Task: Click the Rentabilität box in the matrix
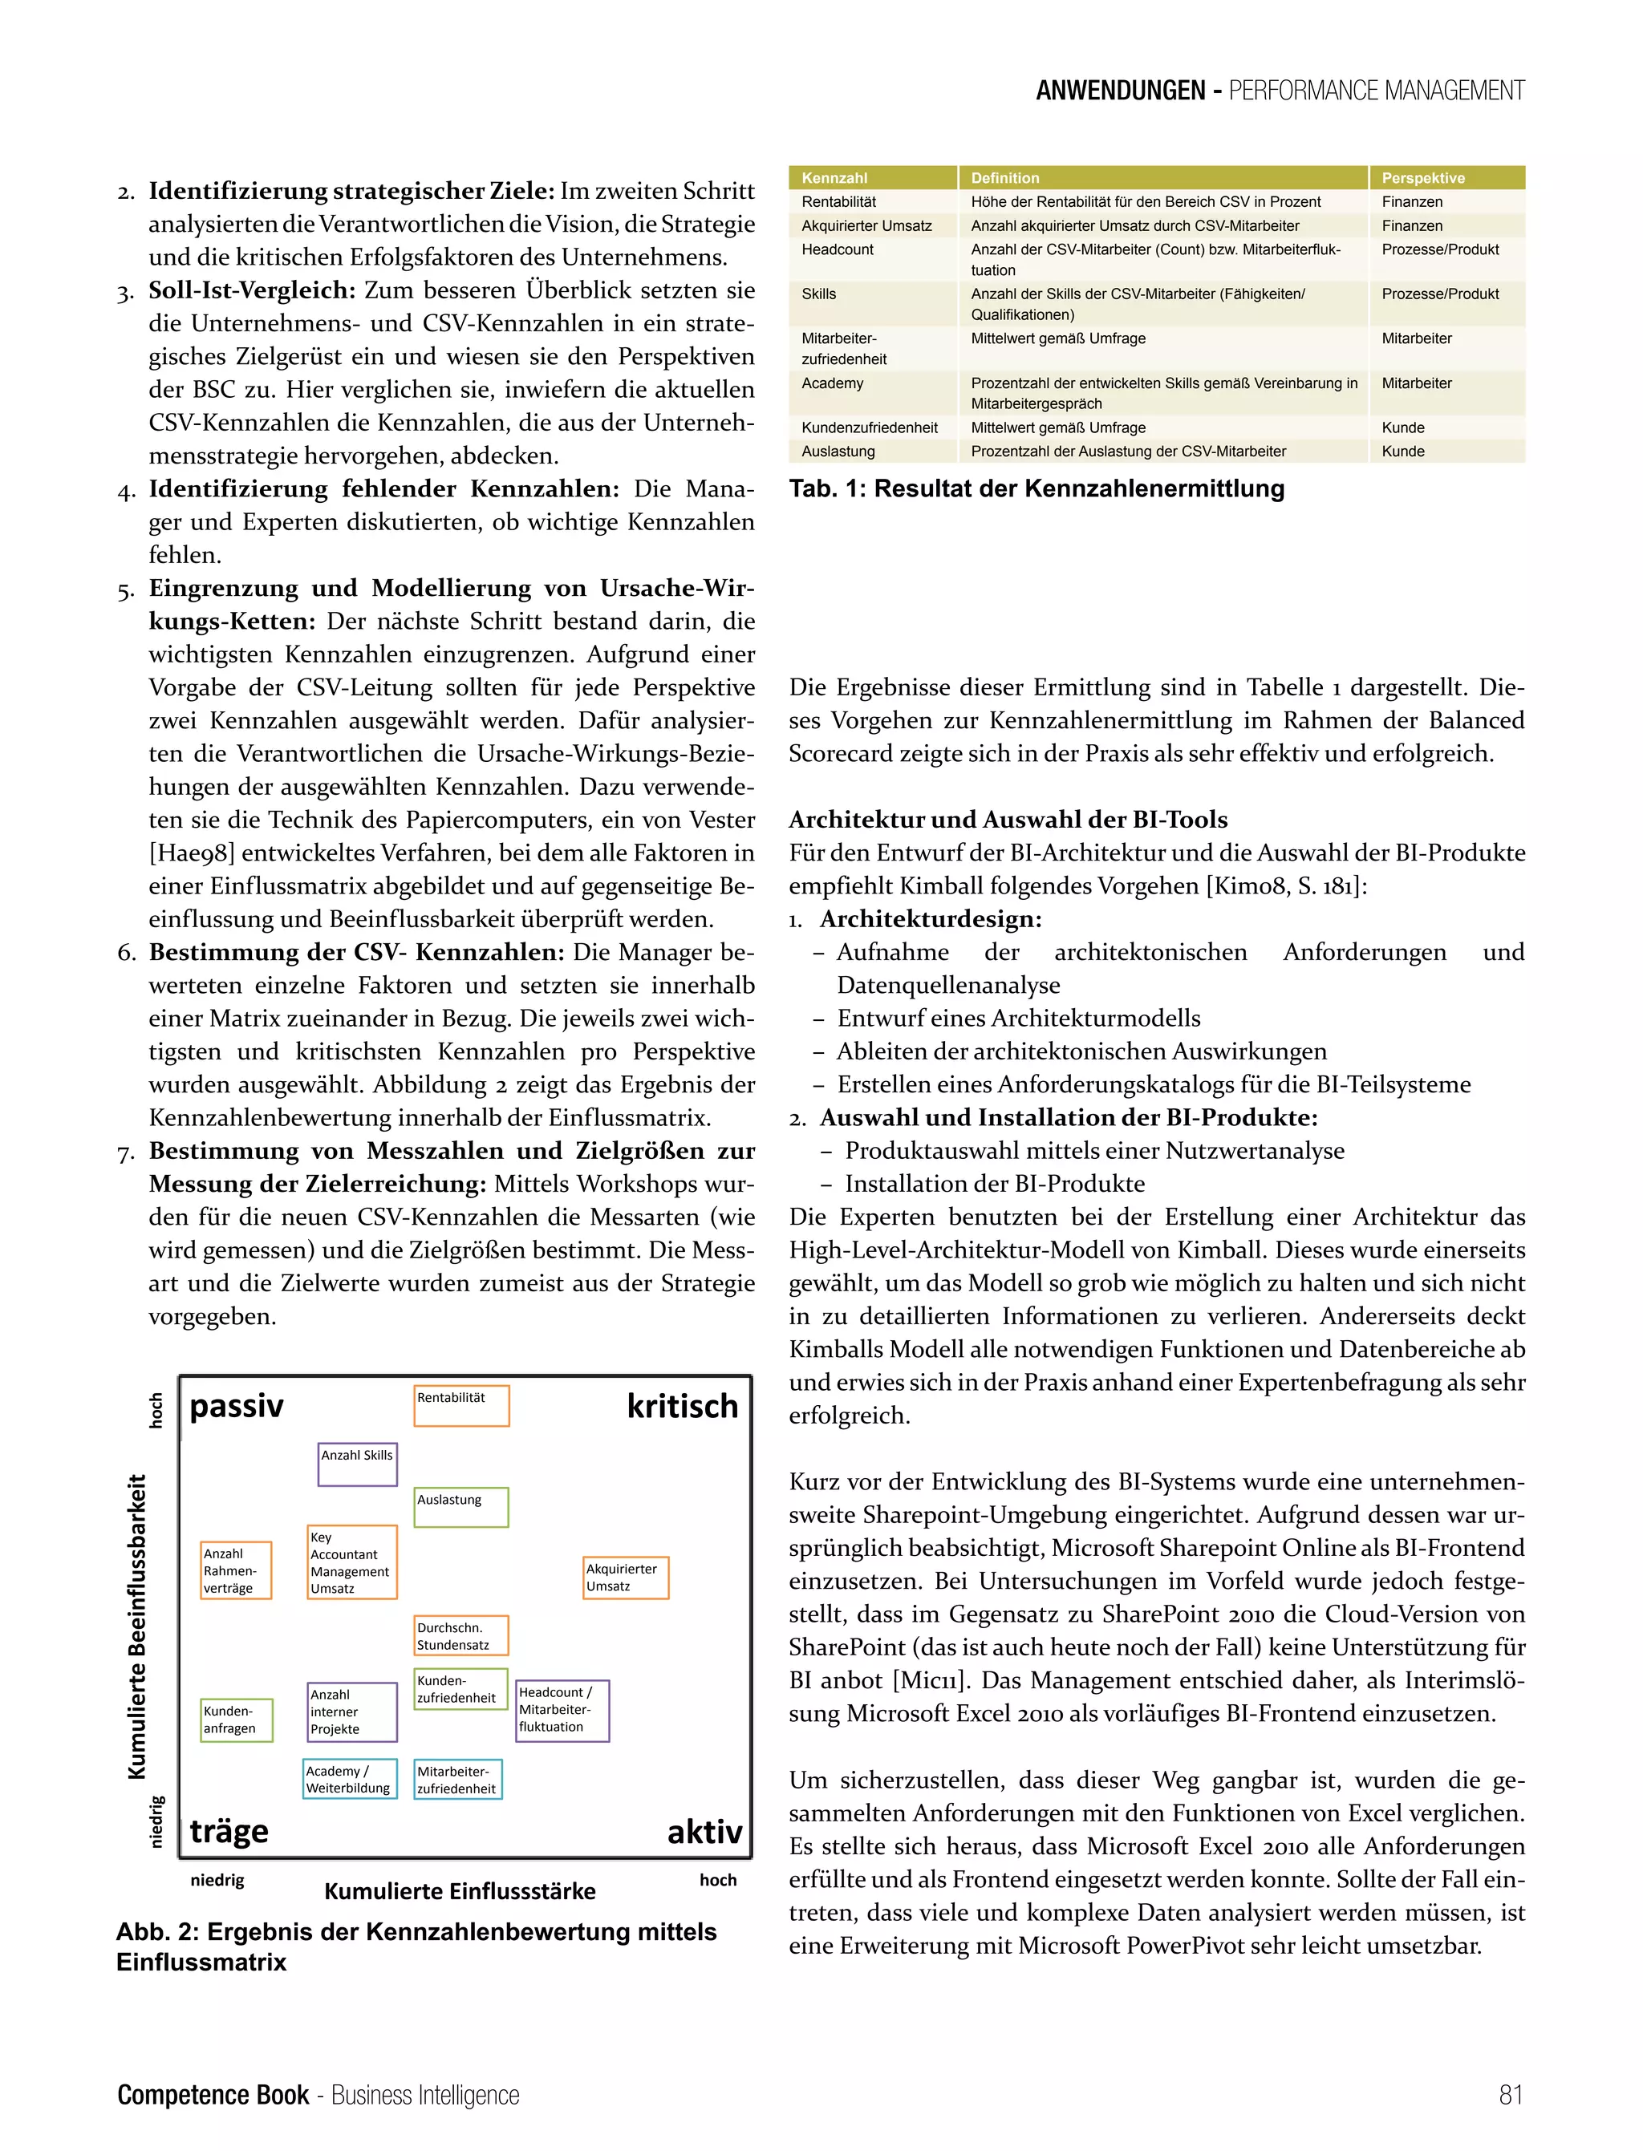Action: (x=460, y=1405)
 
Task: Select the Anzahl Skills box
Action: (x=357, y=1464)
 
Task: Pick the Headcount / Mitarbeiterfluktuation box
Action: (x=562, y=1710)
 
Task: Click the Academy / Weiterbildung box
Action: (x=349, y=1779)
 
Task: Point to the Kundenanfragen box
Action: (x=236, y=1720)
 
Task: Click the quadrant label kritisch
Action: (x=682, y=1406)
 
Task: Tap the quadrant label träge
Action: (x=229, y=1830)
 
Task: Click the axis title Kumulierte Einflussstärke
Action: (x=460, y=1891)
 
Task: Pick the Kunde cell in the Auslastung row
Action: (x=1402, y=452)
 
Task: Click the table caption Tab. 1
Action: (x=1036, y=489)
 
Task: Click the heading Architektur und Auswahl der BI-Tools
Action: (x=1008, y=820)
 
